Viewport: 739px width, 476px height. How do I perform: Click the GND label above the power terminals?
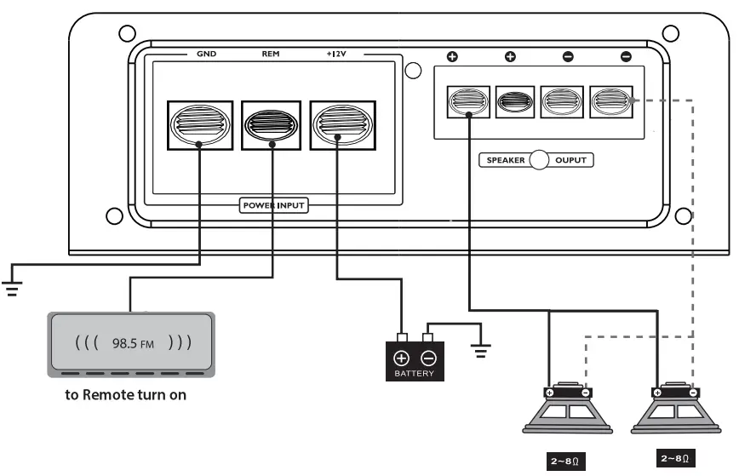coord(205,54)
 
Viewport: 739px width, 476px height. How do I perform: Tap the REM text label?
coord(271,54)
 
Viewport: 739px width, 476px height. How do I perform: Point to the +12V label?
coord(337,54)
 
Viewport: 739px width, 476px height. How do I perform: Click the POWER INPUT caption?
coord(273,205)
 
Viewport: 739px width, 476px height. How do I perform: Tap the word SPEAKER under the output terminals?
coord(506,160)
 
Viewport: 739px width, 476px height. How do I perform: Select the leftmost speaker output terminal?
coord(467,102)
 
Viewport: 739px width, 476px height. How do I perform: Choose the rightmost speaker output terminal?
coord(613,102)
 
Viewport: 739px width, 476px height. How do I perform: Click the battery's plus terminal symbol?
coord(401,358)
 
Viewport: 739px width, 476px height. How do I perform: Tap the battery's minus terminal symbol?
coord(428,358)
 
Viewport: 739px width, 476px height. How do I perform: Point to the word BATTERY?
coord(414,374)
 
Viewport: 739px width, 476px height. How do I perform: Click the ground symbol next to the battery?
coord(482,350)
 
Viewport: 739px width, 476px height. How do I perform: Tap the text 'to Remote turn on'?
coord(127,395)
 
